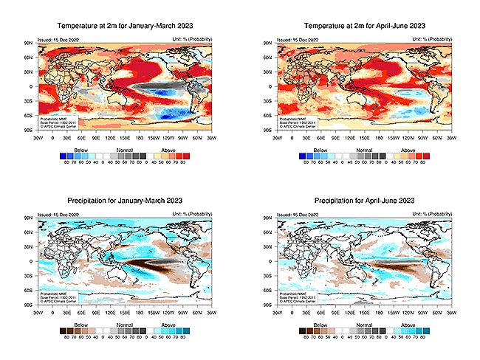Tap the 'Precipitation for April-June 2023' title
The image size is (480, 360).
coord(363,201)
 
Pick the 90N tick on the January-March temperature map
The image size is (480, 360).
coord(30,44)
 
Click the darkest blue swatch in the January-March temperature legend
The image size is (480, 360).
coord(61,156)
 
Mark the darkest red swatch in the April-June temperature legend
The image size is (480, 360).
coord(424,156)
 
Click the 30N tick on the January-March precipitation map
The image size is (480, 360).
coord(30,246)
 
